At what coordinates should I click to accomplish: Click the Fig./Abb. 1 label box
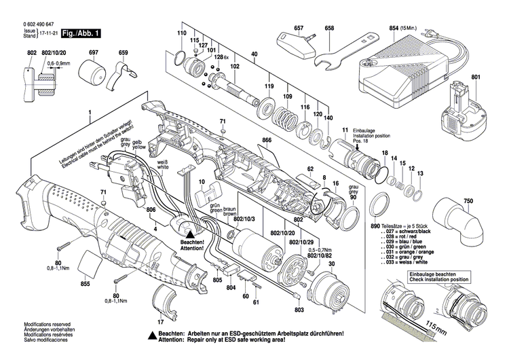81,33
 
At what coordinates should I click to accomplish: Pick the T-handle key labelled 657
297,44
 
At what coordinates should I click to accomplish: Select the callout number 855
85,283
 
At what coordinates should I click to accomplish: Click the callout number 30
332,264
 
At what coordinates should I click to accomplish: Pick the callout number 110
181,33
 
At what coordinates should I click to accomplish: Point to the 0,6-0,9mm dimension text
59,64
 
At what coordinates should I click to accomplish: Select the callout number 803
299,310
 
